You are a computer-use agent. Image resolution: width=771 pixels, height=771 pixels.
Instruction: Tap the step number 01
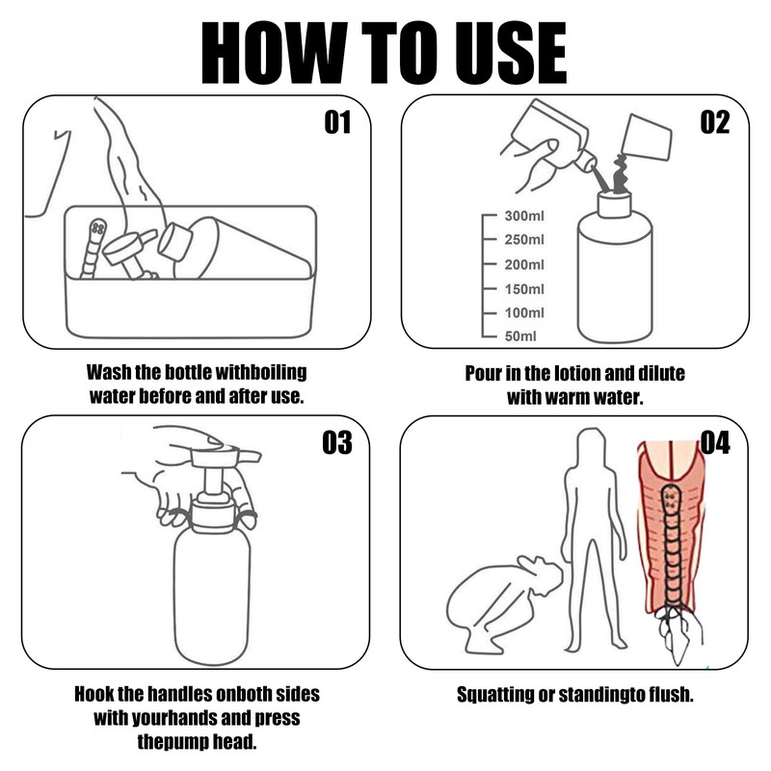[337, 122]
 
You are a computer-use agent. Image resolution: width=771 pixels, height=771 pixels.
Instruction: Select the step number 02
[715, 122]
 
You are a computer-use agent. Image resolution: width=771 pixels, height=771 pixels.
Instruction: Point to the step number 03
[337, 442]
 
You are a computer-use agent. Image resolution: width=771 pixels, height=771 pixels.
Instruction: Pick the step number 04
[715, 442]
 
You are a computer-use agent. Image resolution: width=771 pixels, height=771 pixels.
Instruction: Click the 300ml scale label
[524, 216]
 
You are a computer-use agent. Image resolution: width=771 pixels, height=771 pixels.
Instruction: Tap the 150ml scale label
[524, 288]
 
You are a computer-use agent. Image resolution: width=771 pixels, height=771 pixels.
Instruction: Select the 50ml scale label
[520, 336]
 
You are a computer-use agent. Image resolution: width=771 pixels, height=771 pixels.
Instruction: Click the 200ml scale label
[524, 264]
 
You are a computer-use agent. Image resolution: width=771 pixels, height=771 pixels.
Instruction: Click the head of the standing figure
[589, 446]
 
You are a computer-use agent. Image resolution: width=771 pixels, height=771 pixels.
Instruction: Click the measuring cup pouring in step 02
[646, 137]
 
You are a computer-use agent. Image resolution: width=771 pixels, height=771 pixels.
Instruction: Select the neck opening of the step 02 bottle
[614, 204]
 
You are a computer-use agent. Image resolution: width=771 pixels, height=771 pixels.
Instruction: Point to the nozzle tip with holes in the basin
[98, 229]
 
